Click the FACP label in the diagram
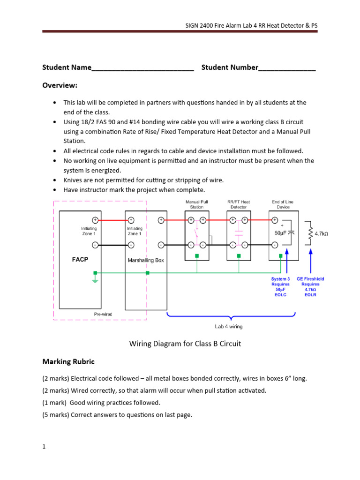(80, 259)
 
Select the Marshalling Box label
(146, 260)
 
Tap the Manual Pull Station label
(197, 204)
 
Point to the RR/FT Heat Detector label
(239, 204)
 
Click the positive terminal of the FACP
(95, 220)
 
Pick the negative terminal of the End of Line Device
(274, 244)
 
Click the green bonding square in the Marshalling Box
(148, 273)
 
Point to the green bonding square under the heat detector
(239, 256)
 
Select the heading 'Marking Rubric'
(68, 361)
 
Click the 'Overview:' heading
(60, 86)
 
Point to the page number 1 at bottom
(44, 447)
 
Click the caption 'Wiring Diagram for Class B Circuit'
(185, 344)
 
